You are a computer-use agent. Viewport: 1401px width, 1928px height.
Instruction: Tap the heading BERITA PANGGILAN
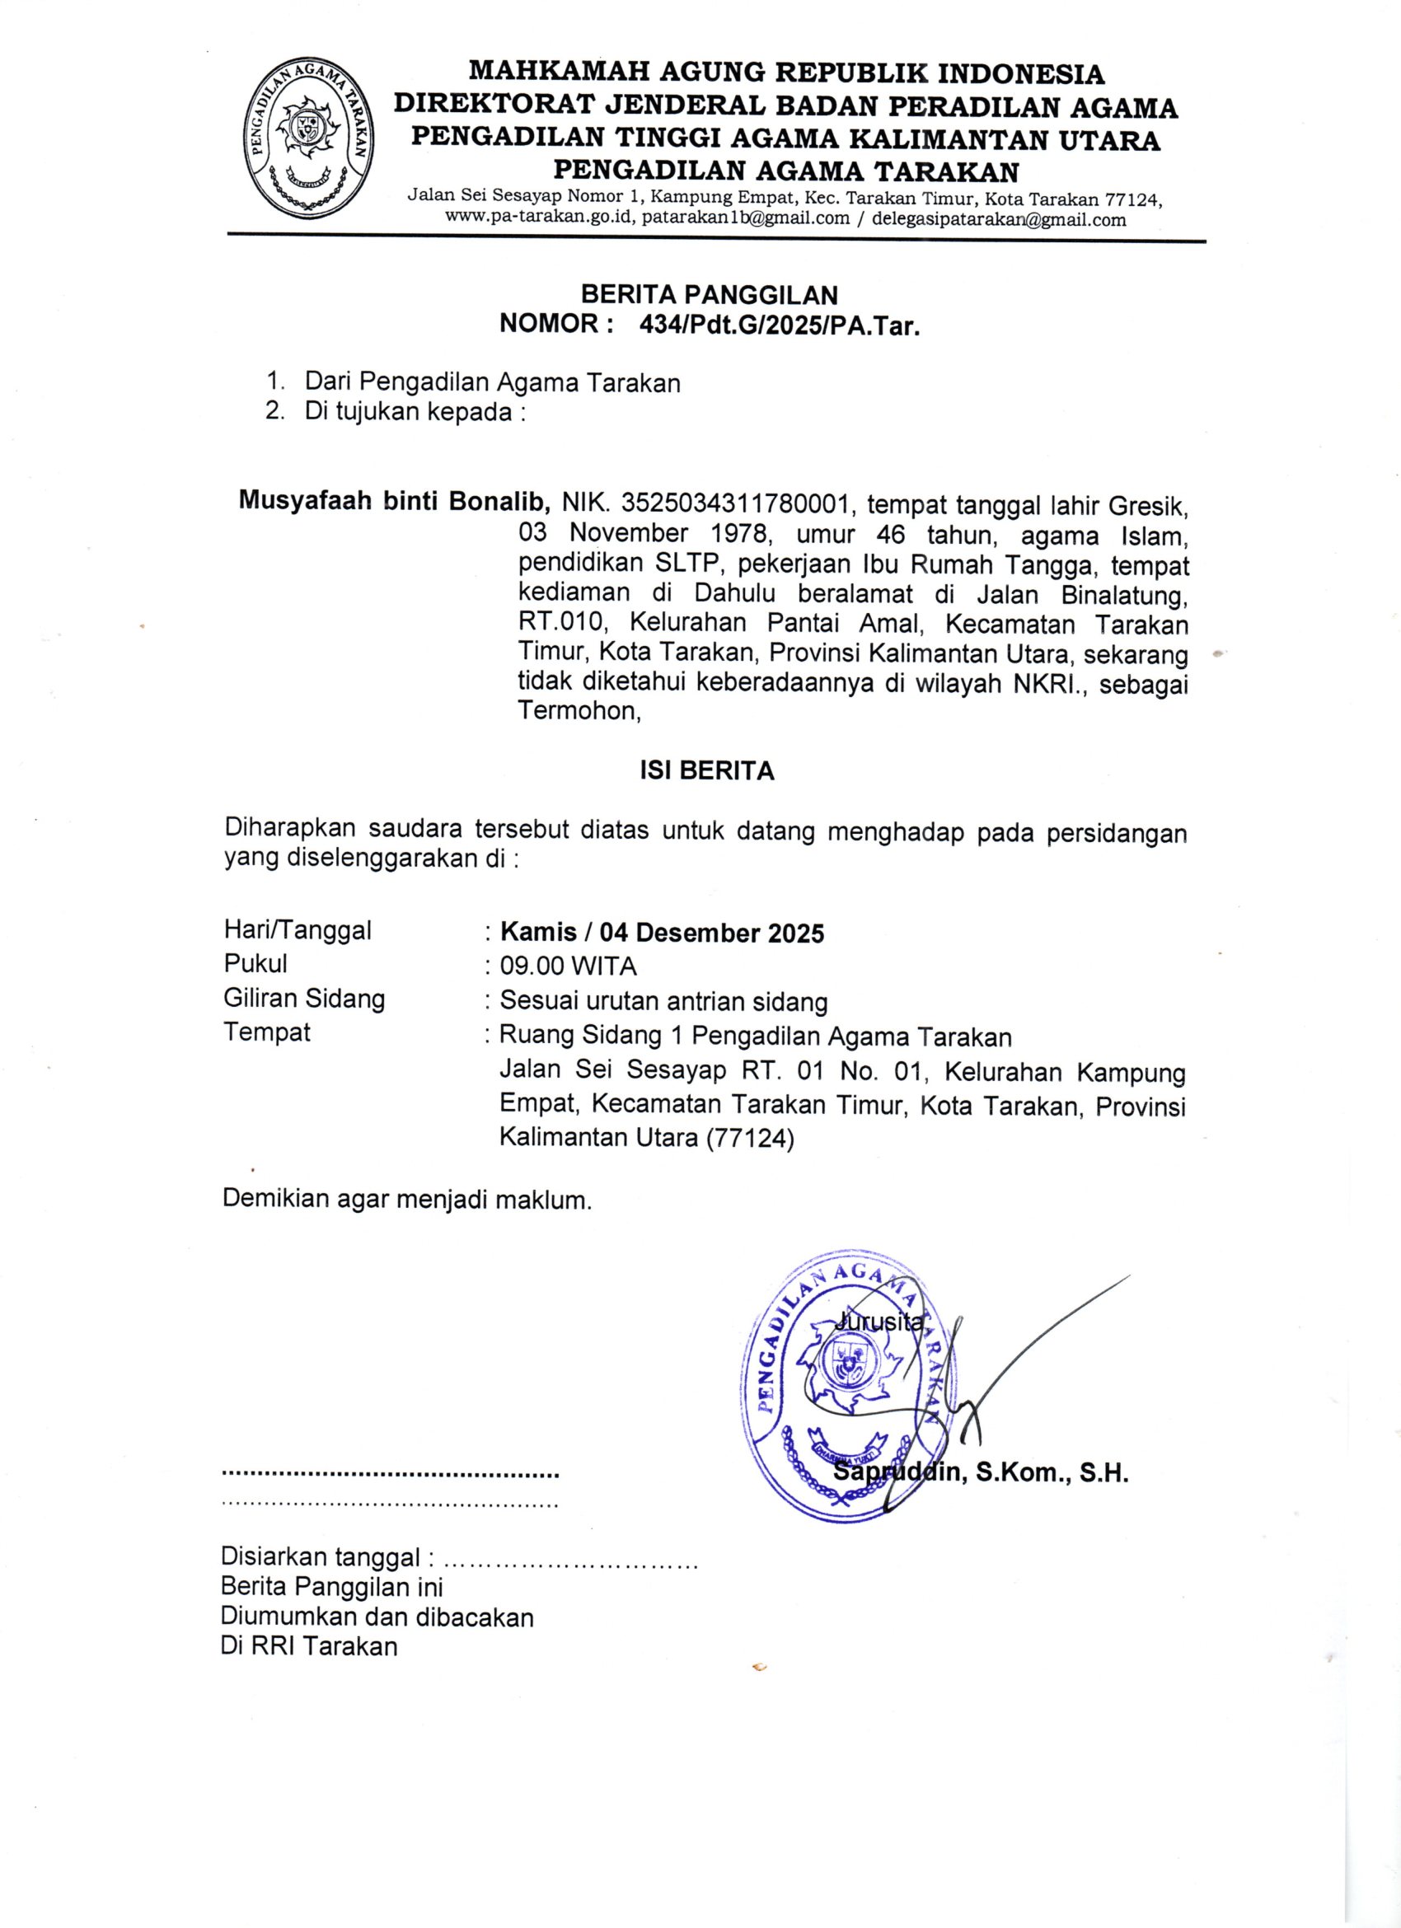709,295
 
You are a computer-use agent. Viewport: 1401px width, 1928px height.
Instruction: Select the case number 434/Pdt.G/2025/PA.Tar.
780,325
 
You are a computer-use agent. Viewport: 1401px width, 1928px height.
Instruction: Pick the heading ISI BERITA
707,771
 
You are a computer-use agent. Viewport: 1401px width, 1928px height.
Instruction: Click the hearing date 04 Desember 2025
711,934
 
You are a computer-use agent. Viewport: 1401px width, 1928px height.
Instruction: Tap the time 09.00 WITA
568,966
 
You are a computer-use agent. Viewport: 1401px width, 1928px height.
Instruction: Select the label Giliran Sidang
303,998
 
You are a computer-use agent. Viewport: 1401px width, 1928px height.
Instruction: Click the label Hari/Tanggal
298,930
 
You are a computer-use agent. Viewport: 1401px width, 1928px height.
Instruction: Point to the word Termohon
578,711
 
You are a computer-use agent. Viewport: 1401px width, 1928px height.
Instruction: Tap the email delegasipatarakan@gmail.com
999,219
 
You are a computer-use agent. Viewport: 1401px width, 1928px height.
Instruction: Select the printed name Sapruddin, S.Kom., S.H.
981,1473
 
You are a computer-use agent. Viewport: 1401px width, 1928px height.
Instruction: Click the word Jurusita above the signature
879,1321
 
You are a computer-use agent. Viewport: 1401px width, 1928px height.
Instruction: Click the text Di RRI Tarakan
308,1646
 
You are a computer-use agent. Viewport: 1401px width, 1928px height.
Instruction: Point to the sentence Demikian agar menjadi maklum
406,1200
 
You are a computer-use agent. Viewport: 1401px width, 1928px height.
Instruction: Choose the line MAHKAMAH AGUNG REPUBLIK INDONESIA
786,74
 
